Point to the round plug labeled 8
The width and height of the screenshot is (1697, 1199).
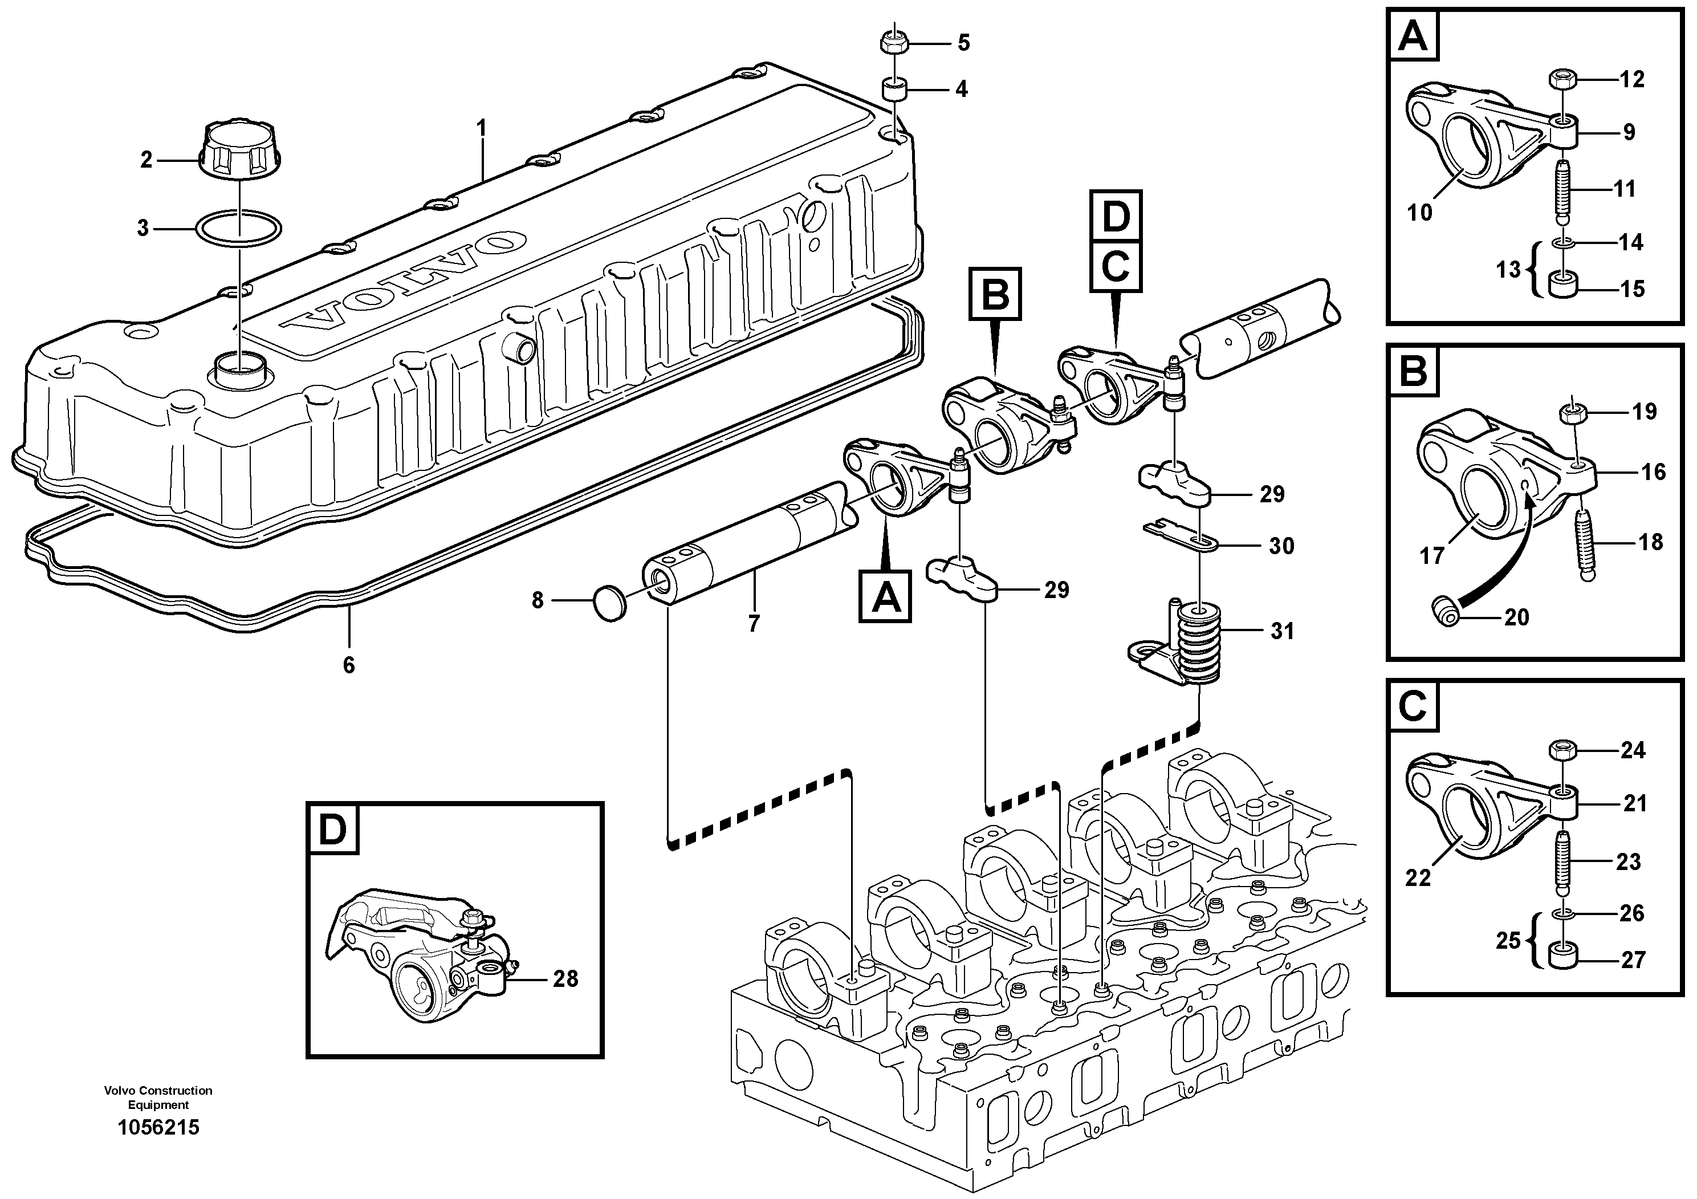611,603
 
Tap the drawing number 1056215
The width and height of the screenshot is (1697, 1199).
158,1128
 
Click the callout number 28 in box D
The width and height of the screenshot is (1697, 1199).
565,979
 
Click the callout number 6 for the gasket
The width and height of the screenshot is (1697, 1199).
349,665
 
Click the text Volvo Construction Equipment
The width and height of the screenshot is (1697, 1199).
158,1097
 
